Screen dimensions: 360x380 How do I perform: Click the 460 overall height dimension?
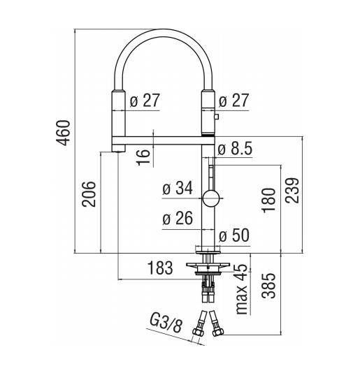point(63,133)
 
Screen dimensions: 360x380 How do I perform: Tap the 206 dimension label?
point(89,194)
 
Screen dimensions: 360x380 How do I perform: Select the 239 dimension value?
point(292,191)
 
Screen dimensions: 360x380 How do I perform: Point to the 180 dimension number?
point(269,200)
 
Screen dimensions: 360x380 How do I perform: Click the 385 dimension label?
point(269,286)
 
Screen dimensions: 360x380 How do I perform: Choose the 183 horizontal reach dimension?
point(160,268)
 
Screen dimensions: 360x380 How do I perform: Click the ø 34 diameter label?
point(178,188)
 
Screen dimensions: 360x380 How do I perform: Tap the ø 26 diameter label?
point(178,218)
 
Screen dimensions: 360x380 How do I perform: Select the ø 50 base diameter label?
point(234,235)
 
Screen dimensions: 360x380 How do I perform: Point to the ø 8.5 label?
point(235,148)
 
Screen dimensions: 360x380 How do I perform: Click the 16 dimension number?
point(143,157)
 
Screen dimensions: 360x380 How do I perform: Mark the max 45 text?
point(242,289)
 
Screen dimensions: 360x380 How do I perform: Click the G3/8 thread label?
point(166,323)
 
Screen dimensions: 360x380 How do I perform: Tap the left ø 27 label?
point(145,101)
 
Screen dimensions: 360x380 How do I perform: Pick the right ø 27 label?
point(234,101)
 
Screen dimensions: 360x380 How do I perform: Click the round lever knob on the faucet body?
point(211,198)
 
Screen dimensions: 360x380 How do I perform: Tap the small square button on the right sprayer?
point(217,117)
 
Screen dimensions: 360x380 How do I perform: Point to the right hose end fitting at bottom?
point(217,324)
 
